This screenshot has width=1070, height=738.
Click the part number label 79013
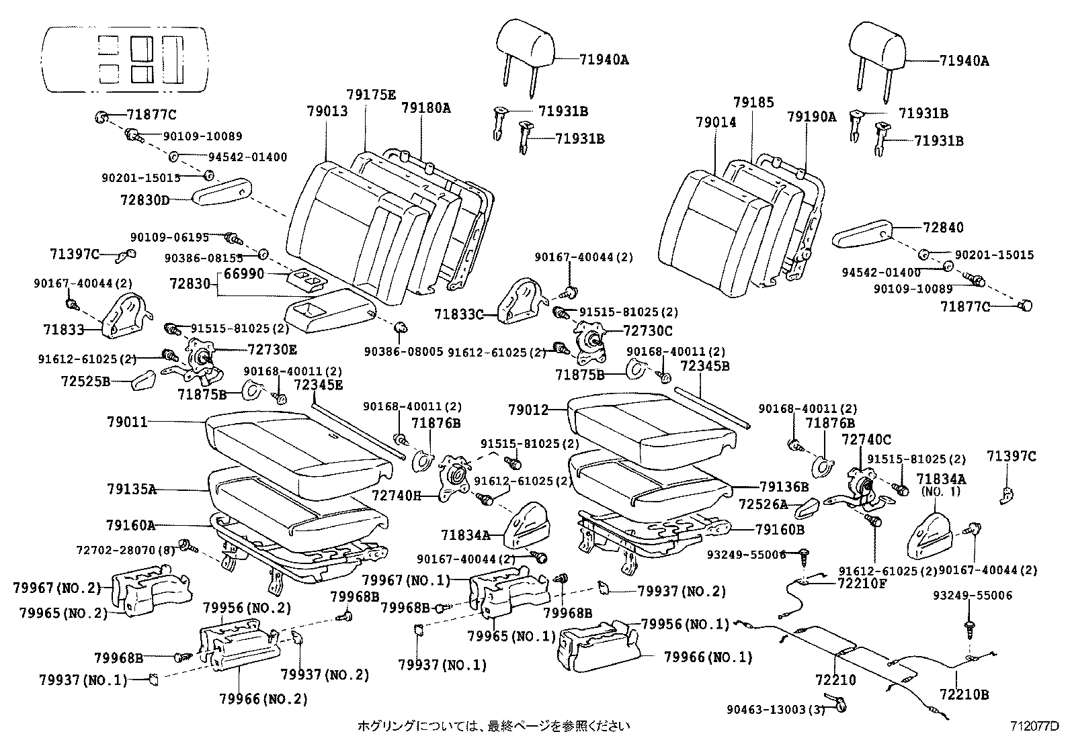[328, 111]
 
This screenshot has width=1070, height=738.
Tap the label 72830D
[146, 199]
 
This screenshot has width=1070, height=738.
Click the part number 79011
[127, 422]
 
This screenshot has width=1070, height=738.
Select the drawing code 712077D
[1034, 725]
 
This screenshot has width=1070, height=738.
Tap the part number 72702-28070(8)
[125, 550]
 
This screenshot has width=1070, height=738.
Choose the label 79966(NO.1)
[708, 657]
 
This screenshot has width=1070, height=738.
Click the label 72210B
[964, 694]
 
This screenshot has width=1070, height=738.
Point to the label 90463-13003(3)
[776, 709]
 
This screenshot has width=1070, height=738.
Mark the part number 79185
[753, 103]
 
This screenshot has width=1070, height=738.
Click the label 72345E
[319, 384]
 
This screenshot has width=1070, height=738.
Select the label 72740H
[396, 496]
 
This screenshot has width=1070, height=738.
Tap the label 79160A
[130, 524]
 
